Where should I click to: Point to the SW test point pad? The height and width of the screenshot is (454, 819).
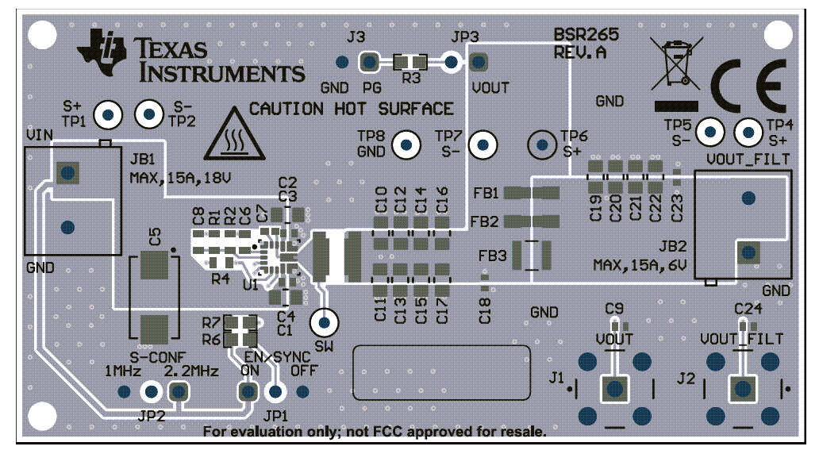pyautogui.click(x=324, y=322)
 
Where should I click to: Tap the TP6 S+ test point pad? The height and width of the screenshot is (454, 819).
pyautogui.click(x=543, y=144)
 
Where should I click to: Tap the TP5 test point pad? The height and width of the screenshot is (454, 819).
pyautogui.click(x=710, y=131)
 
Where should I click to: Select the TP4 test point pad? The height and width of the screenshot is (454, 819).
pyautogui.click(x=748, y=131)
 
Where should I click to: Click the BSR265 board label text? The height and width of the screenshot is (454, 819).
pyautogui.click(x=586, y=37)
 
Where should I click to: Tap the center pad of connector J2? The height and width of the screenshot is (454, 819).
pyautogui.click(x=743, y=389)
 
